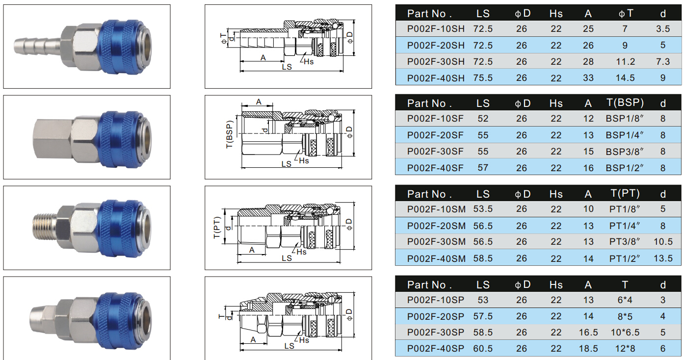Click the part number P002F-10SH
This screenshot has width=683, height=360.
(x=436, y=29)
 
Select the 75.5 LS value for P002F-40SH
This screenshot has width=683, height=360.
(x=483, y=78)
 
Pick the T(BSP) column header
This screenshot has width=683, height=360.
(x=625, y=103)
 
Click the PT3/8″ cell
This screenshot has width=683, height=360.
(x=624, y=242)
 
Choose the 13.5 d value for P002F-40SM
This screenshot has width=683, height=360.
(x=663, y=258)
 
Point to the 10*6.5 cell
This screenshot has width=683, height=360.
(x=624, y=333)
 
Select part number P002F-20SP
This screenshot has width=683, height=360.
(x=436, y=316)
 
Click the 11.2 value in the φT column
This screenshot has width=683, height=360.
(x=625, y=62)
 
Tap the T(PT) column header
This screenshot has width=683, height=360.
(x=625, y=193)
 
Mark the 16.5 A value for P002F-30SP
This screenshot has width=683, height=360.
(x=588, y=333)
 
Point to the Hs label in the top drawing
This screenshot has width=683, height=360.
(x=308, y=62)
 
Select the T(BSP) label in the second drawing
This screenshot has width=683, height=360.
(x=229, y=134)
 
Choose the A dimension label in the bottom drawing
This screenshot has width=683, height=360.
(x=254, y=339)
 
